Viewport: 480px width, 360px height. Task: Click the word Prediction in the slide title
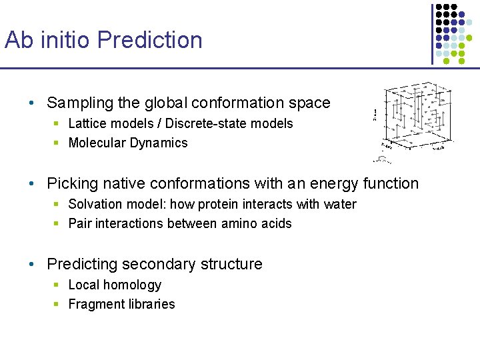150,40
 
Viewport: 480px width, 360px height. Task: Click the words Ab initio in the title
48,40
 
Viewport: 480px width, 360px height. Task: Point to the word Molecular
96,143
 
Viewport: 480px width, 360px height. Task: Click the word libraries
151,305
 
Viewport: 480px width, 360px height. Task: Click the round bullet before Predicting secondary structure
32,264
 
